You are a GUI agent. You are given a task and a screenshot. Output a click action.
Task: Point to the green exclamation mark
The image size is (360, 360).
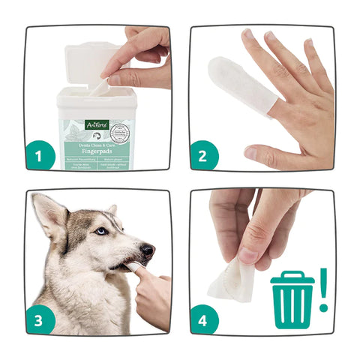(x=324, y=289)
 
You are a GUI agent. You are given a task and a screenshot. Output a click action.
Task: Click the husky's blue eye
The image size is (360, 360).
(x=100, y=231)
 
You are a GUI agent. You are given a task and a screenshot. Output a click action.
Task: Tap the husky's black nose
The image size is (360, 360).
(x=148, y=250)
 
